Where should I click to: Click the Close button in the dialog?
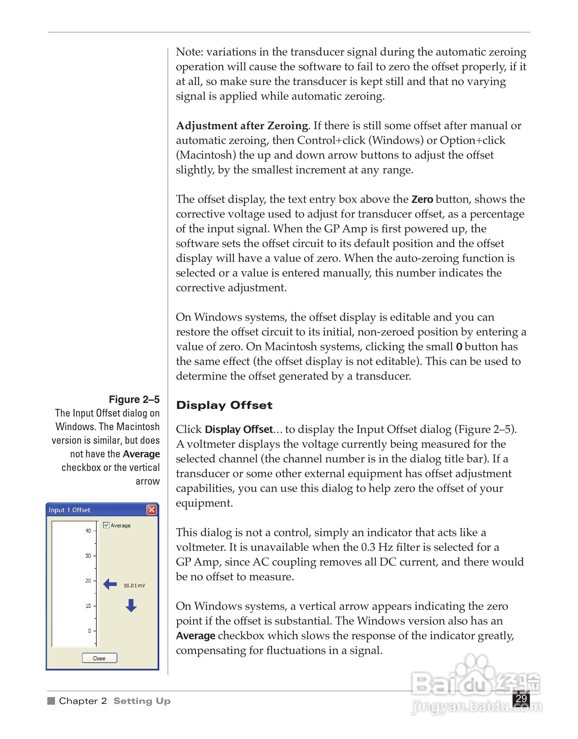tap(99, 658)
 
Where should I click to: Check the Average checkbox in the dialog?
tap(106, 525)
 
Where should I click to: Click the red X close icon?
tap(152, 510)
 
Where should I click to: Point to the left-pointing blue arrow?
tap(110, 584)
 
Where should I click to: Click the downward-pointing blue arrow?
tap(131, 605)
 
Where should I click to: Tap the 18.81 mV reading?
tap(134, 585)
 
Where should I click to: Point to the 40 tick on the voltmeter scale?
tap(88, 530)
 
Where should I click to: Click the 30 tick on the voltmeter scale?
tap(88, 556)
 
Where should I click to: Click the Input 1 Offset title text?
tap(69, 510)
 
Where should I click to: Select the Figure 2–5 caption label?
tap(134, 399)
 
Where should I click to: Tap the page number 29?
tap(521, 698)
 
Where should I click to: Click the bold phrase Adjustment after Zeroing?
tap(242, 126)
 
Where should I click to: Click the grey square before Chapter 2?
tap(51, 701)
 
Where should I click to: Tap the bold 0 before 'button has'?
tap(459, 347)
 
